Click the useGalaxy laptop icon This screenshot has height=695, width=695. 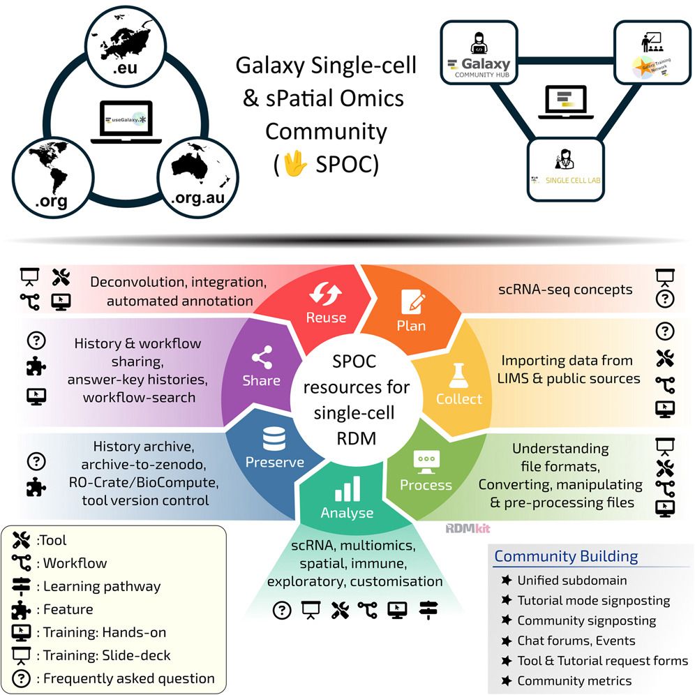(x=124, y=121)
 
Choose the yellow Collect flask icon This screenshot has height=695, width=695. (x=458, y=376)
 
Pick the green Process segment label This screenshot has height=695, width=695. (x=426, y=485)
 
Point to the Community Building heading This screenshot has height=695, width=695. (x=566, y=556)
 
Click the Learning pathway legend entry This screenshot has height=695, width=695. (x=102, y=586)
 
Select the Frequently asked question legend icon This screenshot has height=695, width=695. (x=22, y=678)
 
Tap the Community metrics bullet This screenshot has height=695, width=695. (x=574, y=680)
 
